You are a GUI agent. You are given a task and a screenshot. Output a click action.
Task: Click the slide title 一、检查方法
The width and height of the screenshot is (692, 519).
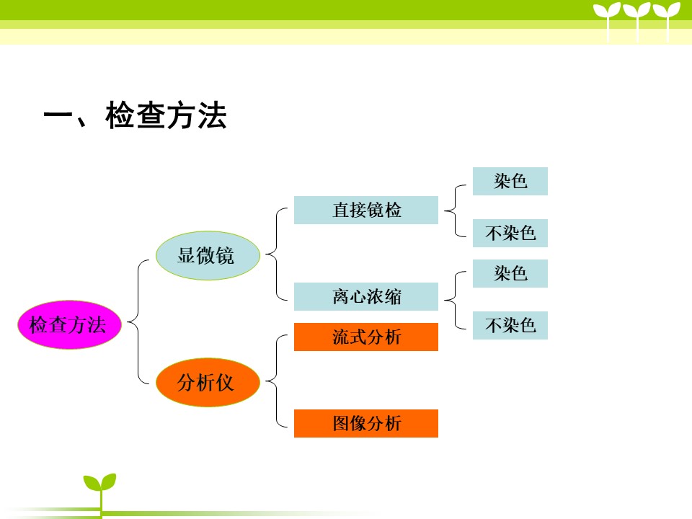click(135, 115)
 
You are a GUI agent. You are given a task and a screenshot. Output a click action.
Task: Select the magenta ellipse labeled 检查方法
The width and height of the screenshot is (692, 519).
click(69, 325)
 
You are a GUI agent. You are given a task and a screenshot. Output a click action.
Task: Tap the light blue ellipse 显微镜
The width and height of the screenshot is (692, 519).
click(208, 255)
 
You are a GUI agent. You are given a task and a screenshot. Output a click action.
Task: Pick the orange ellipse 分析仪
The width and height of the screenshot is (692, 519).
click(208, 382)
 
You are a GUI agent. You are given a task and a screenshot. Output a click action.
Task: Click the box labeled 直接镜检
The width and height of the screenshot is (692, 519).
click(366, 210)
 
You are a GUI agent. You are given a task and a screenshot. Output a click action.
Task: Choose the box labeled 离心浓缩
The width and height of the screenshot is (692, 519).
click(366, 296)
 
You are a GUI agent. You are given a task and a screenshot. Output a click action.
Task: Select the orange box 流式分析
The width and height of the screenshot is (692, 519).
click(366, 337)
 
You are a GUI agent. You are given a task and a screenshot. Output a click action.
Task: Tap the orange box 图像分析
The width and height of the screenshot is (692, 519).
click(366, 424)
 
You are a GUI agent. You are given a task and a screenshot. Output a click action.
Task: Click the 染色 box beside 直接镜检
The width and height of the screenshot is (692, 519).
click(510, 182)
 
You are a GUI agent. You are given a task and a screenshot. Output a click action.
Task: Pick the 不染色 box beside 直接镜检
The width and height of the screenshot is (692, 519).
click(510, 233)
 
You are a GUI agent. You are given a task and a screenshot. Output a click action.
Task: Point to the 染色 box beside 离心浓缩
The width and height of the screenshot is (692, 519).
click(510, 274)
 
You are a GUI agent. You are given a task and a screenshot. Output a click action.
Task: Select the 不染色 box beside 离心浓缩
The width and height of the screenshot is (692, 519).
click(510, 326)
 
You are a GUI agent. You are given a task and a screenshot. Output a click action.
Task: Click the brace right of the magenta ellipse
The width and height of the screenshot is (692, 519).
click(138, 321)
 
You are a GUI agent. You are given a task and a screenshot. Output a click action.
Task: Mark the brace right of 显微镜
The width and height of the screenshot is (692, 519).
click(277, 254)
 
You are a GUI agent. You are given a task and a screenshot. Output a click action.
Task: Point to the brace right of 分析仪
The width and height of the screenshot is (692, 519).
click(277, 381)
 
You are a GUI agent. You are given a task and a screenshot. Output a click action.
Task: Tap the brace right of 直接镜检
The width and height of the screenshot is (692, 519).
click(456, 211)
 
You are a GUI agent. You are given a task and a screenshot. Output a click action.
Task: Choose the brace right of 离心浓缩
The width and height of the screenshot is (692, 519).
click(456, 301)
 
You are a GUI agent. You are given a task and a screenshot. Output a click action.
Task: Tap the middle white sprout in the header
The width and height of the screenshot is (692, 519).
click(636, 21)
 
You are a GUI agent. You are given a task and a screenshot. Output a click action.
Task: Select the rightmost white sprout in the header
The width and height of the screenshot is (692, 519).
click(667, 21)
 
